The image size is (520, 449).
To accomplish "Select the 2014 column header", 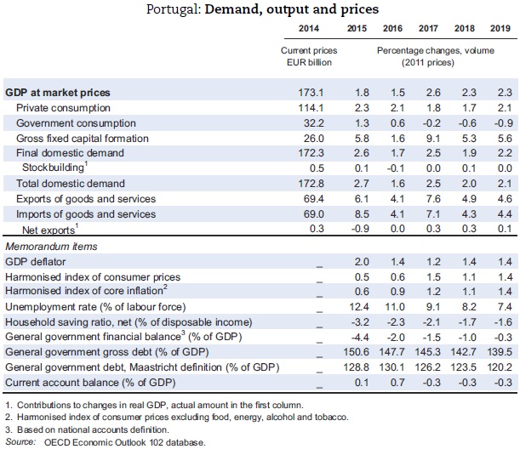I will point(310,31).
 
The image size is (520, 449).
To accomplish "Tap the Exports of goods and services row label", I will point(86,199).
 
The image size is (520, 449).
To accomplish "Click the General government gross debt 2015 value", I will point(363,352).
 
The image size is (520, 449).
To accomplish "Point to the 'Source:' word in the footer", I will point(22,441).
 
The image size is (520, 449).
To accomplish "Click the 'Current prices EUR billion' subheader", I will point(309,56).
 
